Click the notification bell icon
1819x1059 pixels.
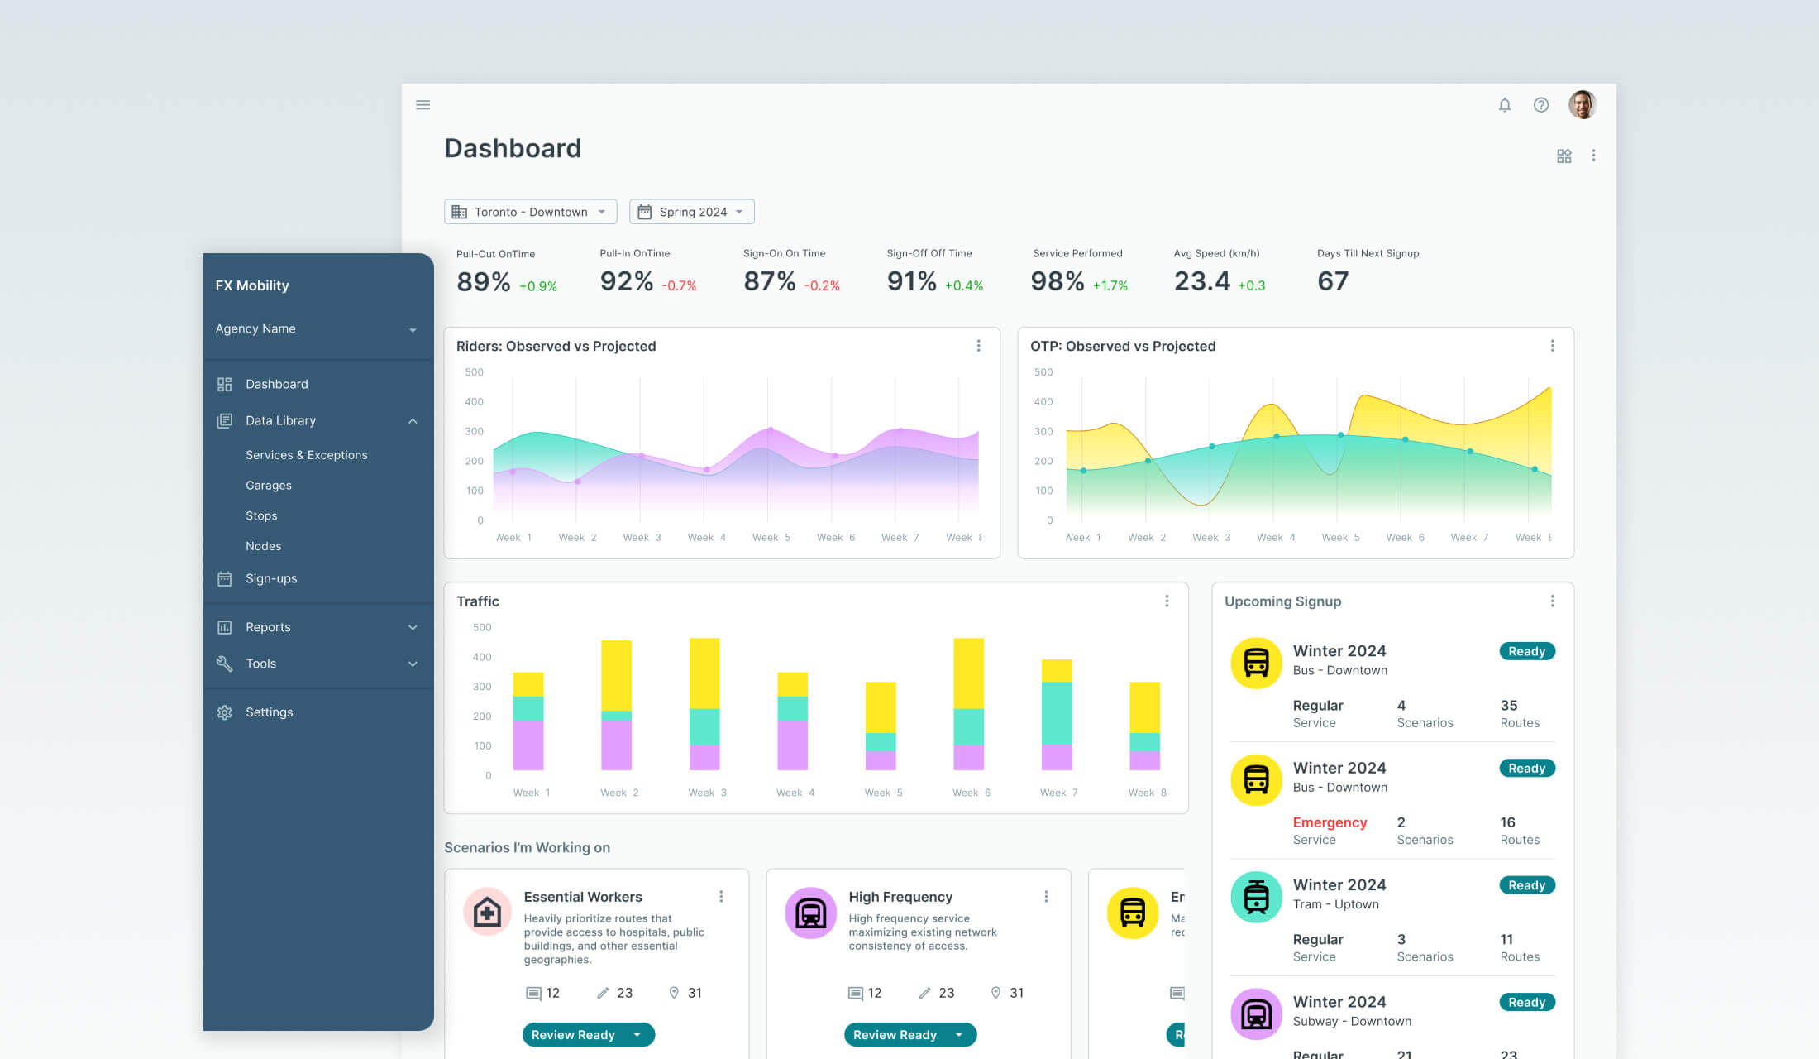pyautogui.click(x=1504, y=105)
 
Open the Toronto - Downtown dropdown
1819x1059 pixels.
pyautogui.click(x=530, y=212)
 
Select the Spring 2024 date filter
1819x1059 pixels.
pyautogui.click(x=691, y=212)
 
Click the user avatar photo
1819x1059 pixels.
pyautogui.click(x=1582, y=105)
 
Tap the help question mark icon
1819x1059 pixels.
pyautogui.click(x=1540, y=105)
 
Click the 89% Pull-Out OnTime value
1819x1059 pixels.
pyautogui.click(x=483, y=281)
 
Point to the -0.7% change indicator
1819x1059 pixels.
pyautogui.click(x=679, y=286)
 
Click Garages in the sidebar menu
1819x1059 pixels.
pyautogui.click(x=268, y=486)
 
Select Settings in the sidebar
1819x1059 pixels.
pyautogui.click(x=269, y=712)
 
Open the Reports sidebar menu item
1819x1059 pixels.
pyautogui.click(x=268, y=627)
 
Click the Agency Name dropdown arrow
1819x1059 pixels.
pyautogui.click(x=413, y=330)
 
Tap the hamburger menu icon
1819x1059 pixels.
pyautogui.click(x=423, y=105)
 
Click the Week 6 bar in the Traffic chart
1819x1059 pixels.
pyautogui.click(x=968, y=703)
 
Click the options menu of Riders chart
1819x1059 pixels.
pyautogui.click(x=978, y=346)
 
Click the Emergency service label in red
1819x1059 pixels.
pyautogui.click(x=1330, y=822)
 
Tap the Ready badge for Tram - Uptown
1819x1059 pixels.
pyautogui.click(x=1526, y=885)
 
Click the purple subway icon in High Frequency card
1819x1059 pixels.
pyautogui.click(x=810, y=913)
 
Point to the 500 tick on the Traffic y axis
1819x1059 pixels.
pyautogui.click(x=482, y=628)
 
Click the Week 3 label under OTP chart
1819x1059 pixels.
pyautogui.click(x=1210, y=538)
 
